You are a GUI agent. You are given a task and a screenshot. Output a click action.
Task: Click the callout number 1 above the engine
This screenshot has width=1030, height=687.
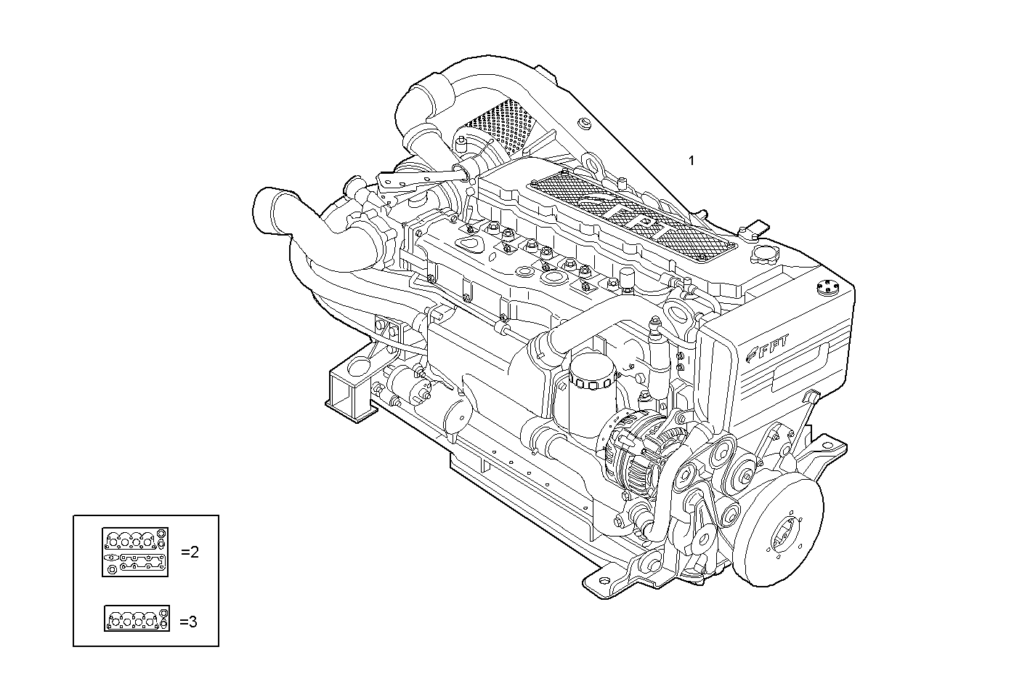692,161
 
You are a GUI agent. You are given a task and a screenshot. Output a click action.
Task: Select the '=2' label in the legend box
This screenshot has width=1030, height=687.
190,552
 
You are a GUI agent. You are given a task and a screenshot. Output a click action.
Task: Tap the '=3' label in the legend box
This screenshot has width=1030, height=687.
189,622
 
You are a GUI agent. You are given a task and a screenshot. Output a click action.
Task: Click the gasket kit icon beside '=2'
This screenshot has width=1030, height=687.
135,552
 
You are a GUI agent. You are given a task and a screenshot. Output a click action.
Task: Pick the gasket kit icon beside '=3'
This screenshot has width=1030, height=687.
137,619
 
